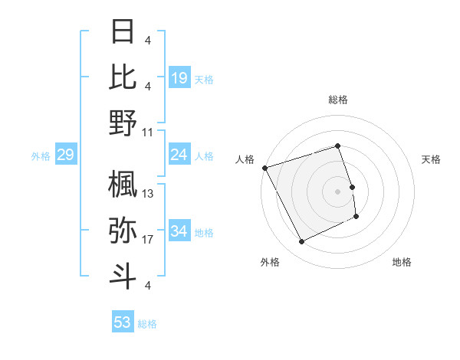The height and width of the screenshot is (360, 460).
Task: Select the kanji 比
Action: click(x=123, y=76)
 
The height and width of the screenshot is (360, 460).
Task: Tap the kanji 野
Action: click(x=123, y=122)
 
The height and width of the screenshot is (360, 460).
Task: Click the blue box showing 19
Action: click(x=179, y=78)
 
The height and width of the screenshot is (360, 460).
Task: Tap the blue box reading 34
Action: click(x=179, y=232)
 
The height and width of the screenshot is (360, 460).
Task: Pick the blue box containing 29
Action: click(x=65, y=155)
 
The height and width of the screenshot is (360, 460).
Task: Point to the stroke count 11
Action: click(x=148, y=131)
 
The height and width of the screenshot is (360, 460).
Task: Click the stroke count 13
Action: click(x=148, y=194)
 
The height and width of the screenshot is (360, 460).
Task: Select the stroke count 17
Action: click(x=148, y=240)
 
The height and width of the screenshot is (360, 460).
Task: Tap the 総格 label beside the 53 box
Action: click(x=147, y=324)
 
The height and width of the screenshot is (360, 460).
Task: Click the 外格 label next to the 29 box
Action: click(x=41, y=156)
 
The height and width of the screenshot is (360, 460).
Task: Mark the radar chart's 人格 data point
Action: click(x=264, y=168)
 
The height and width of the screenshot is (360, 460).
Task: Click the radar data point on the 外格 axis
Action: click(x=301, y=242)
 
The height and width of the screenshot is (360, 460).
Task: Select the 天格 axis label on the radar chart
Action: click(x=431, y=159)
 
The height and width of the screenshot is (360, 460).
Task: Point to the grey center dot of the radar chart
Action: click(x=337, y=191)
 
